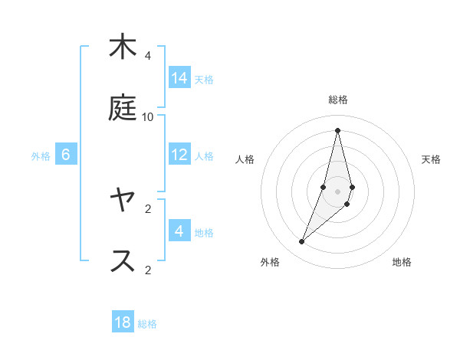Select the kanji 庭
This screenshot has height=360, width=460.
tap(123, 108)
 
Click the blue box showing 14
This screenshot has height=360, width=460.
tap(179, 78)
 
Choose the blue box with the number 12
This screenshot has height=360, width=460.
tap(179, 155)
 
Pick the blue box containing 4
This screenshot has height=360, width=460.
tap(179, 231)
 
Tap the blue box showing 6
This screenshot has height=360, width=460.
tap(66, 155)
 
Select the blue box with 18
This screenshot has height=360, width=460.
tap(123, 322)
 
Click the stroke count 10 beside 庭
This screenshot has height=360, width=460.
tap(148, 116)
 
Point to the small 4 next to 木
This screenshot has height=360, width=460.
tap(148, 56)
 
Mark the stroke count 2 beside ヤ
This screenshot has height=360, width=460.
tap(148, 208)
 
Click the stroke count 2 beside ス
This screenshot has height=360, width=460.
tap(148, 269)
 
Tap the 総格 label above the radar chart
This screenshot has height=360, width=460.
tap(338, 100)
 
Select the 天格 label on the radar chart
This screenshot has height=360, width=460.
tap(432, 159)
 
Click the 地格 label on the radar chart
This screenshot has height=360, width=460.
tap(402, 262)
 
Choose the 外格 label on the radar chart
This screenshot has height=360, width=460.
tap(269, 262)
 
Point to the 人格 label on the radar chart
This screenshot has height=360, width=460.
tap(245, 159)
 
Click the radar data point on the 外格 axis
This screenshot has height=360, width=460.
tap(302, 242)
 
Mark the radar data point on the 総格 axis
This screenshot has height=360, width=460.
tap(338, 130)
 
